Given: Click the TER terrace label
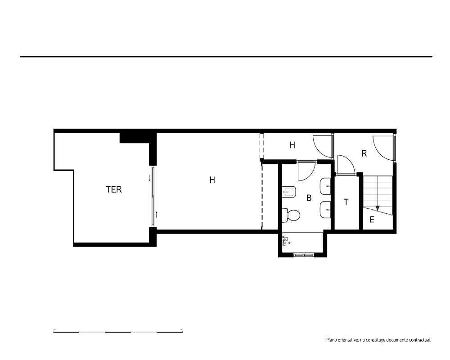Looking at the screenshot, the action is tap(114, 189).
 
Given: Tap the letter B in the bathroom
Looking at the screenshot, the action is tap(309, 198).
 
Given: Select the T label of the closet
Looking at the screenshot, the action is tap(346, 202).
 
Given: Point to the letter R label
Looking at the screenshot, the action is tap(364, 153).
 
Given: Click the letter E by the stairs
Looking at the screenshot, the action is tap(372, 220).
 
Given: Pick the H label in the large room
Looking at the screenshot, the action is tap(212, 180).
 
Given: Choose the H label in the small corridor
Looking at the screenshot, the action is tap(292, 145).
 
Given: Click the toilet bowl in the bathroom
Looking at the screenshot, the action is tap(291, 215).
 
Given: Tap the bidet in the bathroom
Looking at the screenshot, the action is tap(289, 192).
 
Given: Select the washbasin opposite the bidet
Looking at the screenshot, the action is tap(325, 186).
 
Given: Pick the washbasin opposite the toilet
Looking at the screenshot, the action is tap(325, 210).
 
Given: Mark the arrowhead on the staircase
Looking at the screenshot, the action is tap(378, 208).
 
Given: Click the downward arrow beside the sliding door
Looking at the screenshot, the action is tap(149, 178).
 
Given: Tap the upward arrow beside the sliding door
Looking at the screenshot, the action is tap(157, 215).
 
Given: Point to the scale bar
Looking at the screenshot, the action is tap(118, 332).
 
